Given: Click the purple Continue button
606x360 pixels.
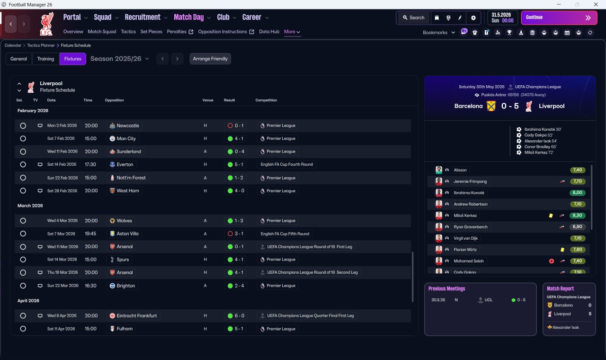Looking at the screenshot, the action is point(559,18).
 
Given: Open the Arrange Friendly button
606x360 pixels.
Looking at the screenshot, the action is point(210,59).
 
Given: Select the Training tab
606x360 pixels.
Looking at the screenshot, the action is point(45,59).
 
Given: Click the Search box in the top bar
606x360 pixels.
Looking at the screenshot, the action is point(414,18).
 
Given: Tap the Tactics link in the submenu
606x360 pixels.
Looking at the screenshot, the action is point(128,32).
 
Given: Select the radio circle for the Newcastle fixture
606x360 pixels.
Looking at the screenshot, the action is point(23,126).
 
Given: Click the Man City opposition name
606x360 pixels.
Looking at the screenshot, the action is point(126,139).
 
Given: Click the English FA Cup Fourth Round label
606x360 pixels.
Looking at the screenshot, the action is point(286,164).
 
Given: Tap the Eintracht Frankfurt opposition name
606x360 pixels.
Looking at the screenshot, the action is point(137,315).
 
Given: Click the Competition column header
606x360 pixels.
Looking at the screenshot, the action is point(266,100).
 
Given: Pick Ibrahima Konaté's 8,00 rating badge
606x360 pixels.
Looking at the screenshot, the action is point(577,193).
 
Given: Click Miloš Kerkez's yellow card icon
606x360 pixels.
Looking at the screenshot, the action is point(551,216).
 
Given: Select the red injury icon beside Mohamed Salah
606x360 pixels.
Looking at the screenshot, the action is point(552,261).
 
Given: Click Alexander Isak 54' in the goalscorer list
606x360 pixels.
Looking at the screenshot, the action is point(541,141).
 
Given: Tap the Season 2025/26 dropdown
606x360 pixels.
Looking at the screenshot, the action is point(120,59).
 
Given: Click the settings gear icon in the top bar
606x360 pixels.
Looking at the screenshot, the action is point(473,18).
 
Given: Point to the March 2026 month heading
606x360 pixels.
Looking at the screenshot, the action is point(30,206).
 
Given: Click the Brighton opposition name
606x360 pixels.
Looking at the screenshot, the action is point(125,286).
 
